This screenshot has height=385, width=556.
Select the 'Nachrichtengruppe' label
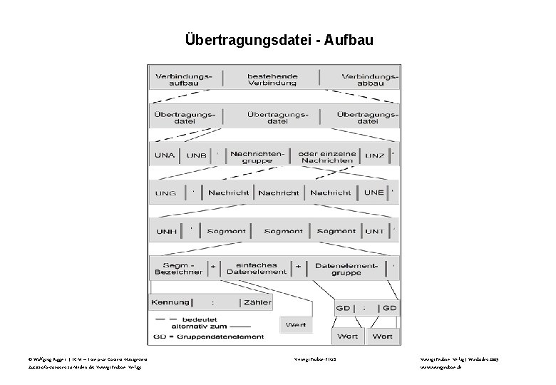pyautogui.click(x=257, y=156)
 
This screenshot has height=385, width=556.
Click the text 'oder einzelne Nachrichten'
pyautogui.click(x=326, y=156)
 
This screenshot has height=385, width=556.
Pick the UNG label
pyautogui.click(x=165, y=193)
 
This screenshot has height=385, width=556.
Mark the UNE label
pyautogui.click(x=374, y=192)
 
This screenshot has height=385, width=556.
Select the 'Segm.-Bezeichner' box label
pyautogui.click(x=177, y=268)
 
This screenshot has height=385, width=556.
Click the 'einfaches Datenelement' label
pyautogui.click(x=256, y=268)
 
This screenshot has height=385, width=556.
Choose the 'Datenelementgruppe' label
pyautogui.click(x=346, y=268)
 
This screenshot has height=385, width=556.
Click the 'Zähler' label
pyautogui.click(x=257, y=302)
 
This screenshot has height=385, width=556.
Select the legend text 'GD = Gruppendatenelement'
pyautogui.click(x=208, y=337)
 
